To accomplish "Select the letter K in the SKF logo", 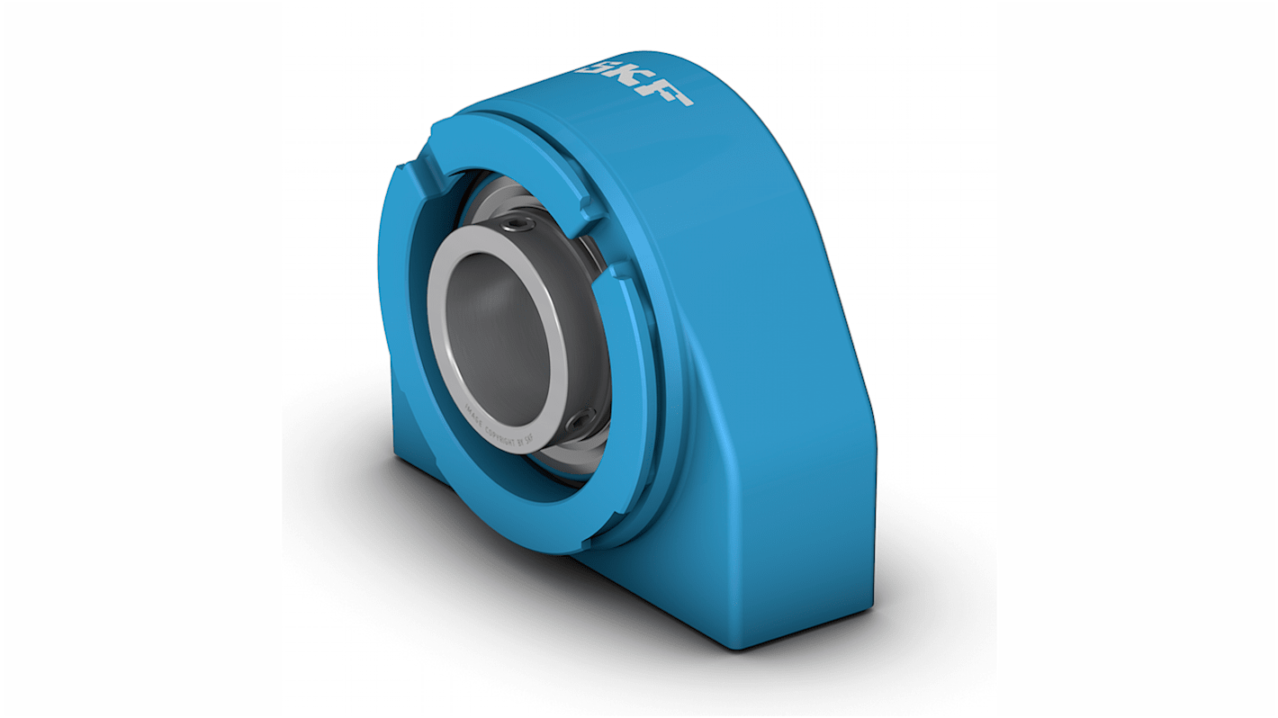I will (x=634, y=81).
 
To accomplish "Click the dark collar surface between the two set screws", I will (x=589, y=324).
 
